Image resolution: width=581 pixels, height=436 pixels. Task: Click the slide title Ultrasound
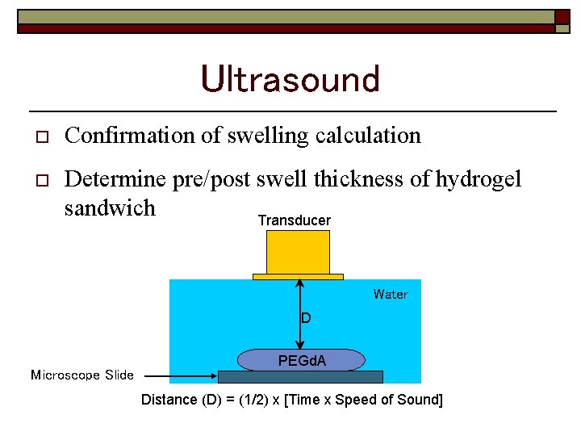point(290,79)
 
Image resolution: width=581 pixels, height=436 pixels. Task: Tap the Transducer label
point(294,220)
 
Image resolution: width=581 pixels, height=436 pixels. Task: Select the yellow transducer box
point(298,252)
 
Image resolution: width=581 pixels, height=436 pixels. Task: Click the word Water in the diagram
point(391,295)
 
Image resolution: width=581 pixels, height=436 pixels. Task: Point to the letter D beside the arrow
point(306,318)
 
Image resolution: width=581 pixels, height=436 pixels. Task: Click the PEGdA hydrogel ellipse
point(302,360)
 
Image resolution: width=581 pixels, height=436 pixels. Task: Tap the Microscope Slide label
point(82,375)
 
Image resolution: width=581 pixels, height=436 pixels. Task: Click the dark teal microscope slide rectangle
point(300,376)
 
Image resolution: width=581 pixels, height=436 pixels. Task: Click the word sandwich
point(110,208)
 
